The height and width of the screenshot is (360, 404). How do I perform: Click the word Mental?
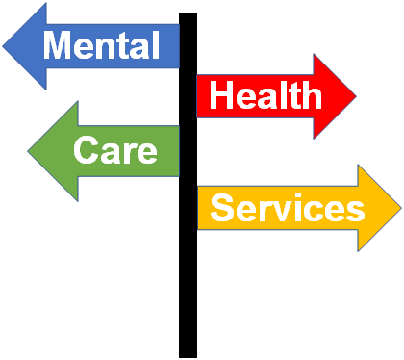(101, 45)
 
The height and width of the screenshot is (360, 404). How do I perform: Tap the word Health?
(265, 94)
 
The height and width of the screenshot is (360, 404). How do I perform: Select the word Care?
(115, 149)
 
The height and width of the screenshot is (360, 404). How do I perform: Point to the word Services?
(288, 208)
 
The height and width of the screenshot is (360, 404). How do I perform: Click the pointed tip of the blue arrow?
(3, 46)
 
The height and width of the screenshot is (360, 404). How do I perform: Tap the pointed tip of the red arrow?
(356, 95)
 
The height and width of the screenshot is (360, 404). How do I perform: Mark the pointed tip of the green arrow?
(28, 151)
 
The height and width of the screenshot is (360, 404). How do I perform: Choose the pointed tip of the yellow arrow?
(401, 208)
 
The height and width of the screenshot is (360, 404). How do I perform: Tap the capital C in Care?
(86, 149)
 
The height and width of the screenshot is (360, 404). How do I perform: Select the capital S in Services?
(223, 208)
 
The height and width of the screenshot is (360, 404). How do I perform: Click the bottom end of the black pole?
(188, 357)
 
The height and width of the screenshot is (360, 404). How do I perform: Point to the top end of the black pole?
(188, 13)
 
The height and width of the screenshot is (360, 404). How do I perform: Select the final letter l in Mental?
(156, 45)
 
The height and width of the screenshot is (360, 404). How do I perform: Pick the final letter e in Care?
(147, 153)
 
